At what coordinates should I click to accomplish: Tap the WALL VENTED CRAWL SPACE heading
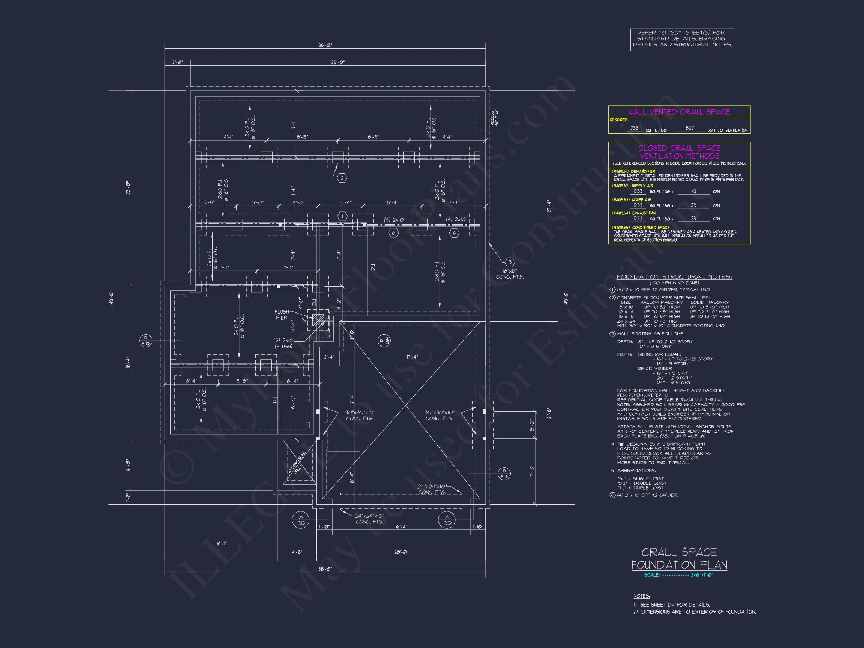pyautogui.click(x=679, y=112)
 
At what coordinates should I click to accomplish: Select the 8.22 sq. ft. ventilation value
pyautogui.click(x=689, y=128)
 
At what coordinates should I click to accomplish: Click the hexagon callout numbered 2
pyautogui.click(x=342, y=178)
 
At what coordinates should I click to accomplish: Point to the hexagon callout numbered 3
pyautogui.click(x=509, y=262)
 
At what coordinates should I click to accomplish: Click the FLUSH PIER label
pyautogui.click(x=282, y=314)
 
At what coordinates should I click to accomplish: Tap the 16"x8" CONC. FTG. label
pyautogui.click(x=509, y=274)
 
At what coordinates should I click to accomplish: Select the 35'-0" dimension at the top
pyautogui.click(x=337, y=63)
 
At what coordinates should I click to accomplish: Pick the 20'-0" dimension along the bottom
pyautogui.click(x=401, y=552)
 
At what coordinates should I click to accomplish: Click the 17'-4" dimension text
pyautogui.click(x=412, y=357)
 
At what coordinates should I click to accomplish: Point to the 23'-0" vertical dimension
pyautogui.click(x=128, y=188)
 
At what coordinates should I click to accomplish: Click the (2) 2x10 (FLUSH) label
pyautogui.click(x=283, y=343)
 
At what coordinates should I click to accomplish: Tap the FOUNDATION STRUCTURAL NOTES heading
pyautogui.click(x=674, y=277)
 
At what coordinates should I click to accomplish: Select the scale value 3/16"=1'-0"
pyautogui.click(x=702, y=575)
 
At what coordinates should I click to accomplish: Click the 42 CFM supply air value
pyautogui.click(x=693, y=191)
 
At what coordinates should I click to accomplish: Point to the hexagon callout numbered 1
pyautogui.click(x=342, y=216)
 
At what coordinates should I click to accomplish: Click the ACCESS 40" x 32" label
pyautogui.click(x=494, y=118)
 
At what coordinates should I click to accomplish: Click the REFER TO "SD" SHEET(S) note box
pyautogui.click(x=682, y=39)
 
